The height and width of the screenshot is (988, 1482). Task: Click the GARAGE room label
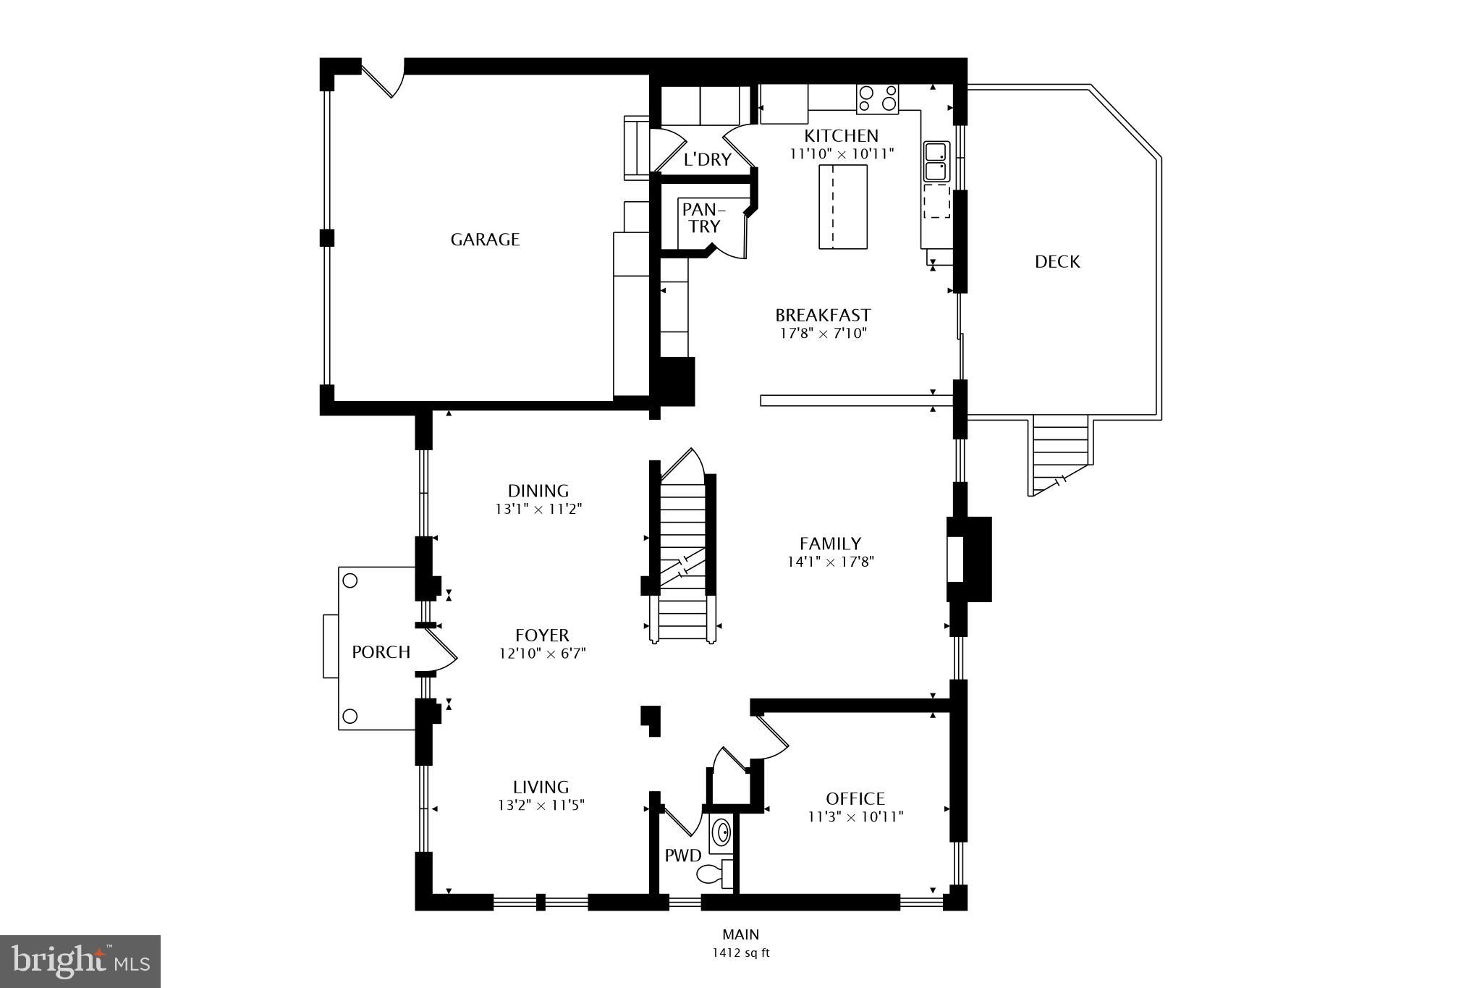pyautogui.click(x=485, y=240)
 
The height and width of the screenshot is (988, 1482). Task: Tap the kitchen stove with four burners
pyautogui.click(x=877, y=98)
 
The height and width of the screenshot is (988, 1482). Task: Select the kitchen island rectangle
pyautogui.click(x=842, y=206)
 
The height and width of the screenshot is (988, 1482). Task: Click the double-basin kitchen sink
pyautogui.click(x=935, y=162)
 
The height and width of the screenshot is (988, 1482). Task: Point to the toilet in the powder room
pyautogui.click(x=712, y=874)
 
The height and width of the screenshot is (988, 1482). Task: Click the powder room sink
pyautogui.click(x=721, y=832)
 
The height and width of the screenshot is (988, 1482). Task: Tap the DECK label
pyautogui.click(x=1057, y=262)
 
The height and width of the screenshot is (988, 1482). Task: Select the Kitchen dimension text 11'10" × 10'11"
pyautogui.click(x=842, y=153)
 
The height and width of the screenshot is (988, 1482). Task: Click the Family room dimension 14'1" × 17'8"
pyautogui.click(x=830, y=562)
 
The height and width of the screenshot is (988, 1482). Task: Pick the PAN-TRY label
pyautogui.click(x=702, y=218)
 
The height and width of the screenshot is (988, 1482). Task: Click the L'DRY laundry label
pyautogui.click(x=707, y=160)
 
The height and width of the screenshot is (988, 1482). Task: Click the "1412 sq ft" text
pyautogui.click(x=740, y=953)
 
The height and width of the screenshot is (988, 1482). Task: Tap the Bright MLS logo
pyautogui.click(x=80, y=960)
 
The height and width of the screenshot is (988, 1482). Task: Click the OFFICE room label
pyautogui.click(x=855, y=798)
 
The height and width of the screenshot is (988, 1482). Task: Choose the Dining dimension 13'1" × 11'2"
pyautogui.click(x=538, y=509)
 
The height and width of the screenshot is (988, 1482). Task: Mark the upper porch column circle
pyautogui.click(x=350, y=580)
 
